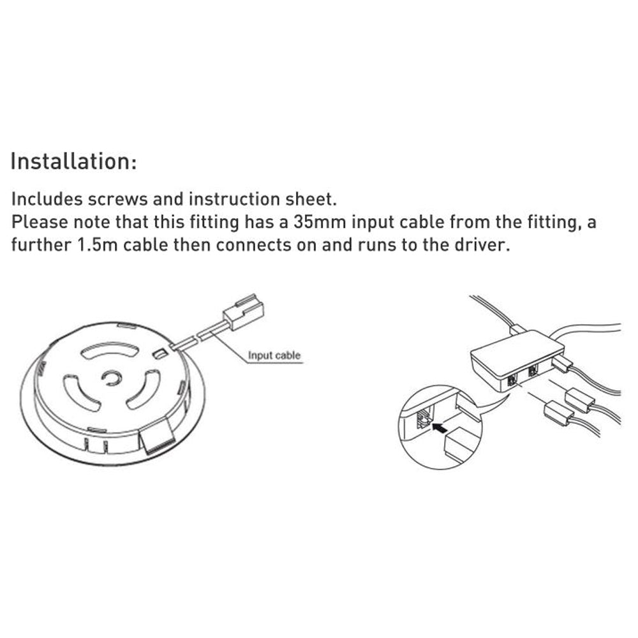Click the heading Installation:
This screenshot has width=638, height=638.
click(73, 161)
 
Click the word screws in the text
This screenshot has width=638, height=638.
click(117, 199)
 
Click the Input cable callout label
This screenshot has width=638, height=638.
click(274, 355)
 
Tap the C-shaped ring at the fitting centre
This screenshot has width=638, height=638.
click(111, 378)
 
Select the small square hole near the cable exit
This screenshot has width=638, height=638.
click(159, 353)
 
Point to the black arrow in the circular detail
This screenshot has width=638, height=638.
click(439, 427)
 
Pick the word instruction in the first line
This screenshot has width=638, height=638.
click(234, 199)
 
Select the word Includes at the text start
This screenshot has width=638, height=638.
click(47, 199)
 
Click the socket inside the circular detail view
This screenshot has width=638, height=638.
click(424, 418)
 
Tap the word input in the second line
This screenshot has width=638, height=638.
click(373, 223)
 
